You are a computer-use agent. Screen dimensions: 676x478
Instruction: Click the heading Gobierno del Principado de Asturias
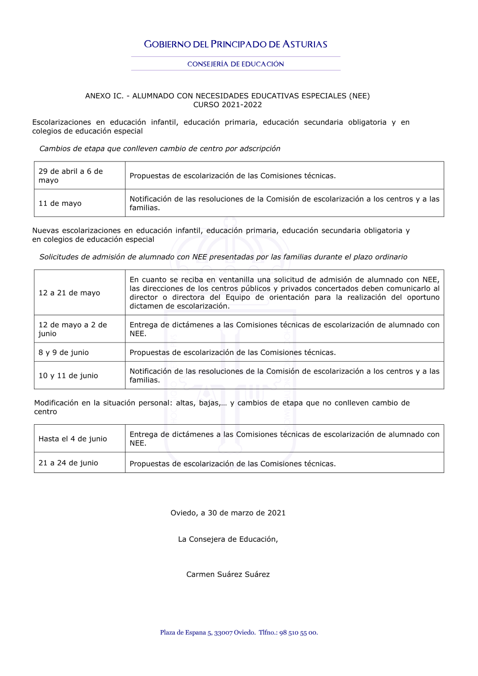236,44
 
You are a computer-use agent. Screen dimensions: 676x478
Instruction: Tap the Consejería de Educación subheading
236,64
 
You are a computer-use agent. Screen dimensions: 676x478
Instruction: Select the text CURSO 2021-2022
228,105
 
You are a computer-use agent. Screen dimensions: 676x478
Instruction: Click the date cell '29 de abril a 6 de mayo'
71,175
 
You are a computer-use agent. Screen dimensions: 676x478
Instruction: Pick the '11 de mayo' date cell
60,204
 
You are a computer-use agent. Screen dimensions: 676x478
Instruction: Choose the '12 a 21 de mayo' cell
69,293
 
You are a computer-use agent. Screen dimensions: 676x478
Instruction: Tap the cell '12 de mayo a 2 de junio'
73,329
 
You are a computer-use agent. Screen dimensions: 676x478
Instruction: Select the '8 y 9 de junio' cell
64,353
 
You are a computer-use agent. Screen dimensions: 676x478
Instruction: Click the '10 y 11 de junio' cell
68,376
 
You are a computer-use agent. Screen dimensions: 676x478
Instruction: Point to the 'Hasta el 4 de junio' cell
73,439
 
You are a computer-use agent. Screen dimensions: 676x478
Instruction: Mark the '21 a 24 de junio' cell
68,463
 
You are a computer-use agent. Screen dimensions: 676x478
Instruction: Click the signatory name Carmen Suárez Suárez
228,574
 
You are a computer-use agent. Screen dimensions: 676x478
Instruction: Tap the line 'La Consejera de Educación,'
228,539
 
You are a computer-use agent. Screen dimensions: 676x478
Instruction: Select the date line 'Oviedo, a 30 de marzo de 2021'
228,513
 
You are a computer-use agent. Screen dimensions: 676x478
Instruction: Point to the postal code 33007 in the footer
223,633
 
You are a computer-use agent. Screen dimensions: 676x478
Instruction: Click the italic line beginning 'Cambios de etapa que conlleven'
160,149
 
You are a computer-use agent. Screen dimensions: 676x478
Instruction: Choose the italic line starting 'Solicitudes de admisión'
223,257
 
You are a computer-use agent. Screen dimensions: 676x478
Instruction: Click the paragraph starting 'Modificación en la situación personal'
222,407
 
